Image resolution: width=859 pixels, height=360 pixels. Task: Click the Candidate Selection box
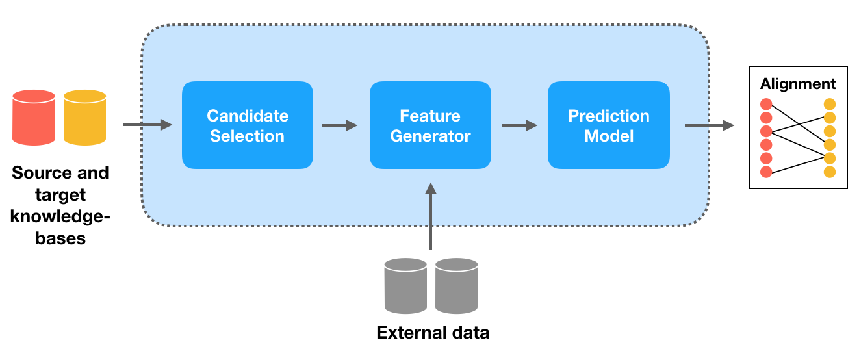pos(248,125)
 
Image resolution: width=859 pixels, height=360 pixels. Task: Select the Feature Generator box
pos(430,125)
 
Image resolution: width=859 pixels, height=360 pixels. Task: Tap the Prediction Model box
pos(609,125)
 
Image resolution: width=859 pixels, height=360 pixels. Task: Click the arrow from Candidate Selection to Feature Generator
pos(340,125)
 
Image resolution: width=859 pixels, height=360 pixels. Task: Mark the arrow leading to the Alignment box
pos(709,125)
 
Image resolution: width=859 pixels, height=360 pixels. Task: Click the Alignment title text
pos(798,84)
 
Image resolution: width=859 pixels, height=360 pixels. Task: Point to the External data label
pos(433,333)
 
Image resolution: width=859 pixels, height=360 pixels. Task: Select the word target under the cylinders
pos(60,195)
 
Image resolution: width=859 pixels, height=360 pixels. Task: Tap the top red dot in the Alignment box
pos(766,104)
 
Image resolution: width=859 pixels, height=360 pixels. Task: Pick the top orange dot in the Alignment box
pos(830,104)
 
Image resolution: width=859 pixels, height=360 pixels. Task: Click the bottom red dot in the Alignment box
pos(766,172)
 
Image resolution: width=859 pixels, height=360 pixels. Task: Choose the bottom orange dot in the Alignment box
pos(830,172)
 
